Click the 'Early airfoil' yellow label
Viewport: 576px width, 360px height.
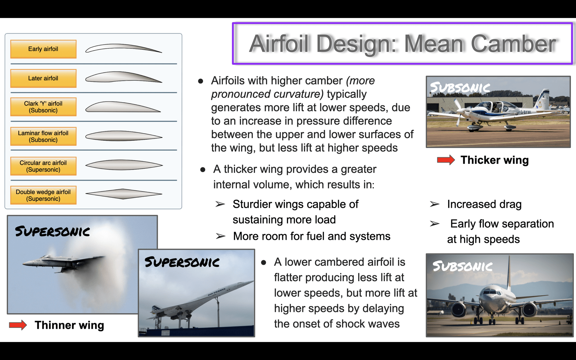[x=43, y=49]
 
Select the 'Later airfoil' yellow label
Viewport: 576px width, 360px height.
[x=43, y=78]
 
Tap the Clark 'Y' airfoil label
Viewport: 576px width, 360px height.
[x=43, y=107]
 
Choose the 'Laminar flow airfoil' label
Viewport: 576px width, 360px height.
[x=43, y=136]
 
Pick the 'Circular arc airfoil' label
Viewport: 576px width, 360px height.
[x=43, y=166]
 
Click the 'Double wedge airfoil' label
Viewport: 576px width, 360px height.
[x=43, y=195]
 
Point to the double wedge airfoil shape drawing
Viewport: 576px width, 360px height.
[x=124, y=194]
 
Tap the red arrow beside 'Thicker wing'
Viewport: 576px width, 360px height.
[x=446, y=160]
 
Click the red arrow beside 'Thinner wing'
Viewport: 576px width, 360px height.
[x=18, y=325]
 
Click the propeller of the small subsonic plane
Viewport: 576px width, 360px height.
[x=459, y=113]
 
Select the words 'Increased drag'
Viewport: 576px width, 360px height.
[x=484, y=204]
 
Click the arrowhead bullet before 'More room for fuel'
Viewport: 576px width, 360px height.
[x=221, y=236]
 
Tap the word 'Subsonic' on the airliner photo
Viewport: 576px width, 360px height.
[x=462, y=266]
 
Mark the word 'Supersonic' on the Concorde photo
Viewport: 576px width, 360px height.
[x=182, y=262]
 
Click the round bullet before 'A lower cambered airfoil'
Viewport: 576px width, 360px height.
[x=263, y=262]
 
